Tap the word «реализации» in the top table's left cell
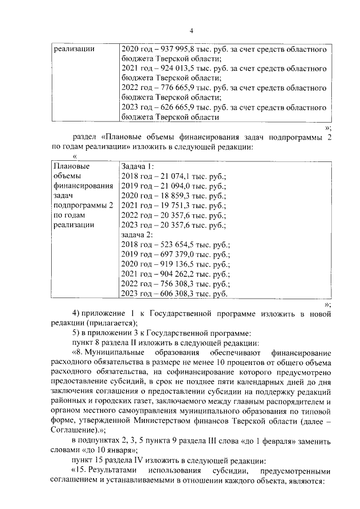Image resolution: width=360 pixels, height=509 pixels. (x=74, y=49)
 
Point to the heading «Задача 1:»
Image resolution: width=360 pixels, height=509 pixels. (x=137, y=166)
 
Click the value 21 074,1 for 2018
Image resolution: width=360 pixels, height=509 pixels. (x=169, y=176)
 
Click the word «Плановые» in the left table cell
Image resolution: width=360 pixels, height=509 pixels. (x=71, y=166)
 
